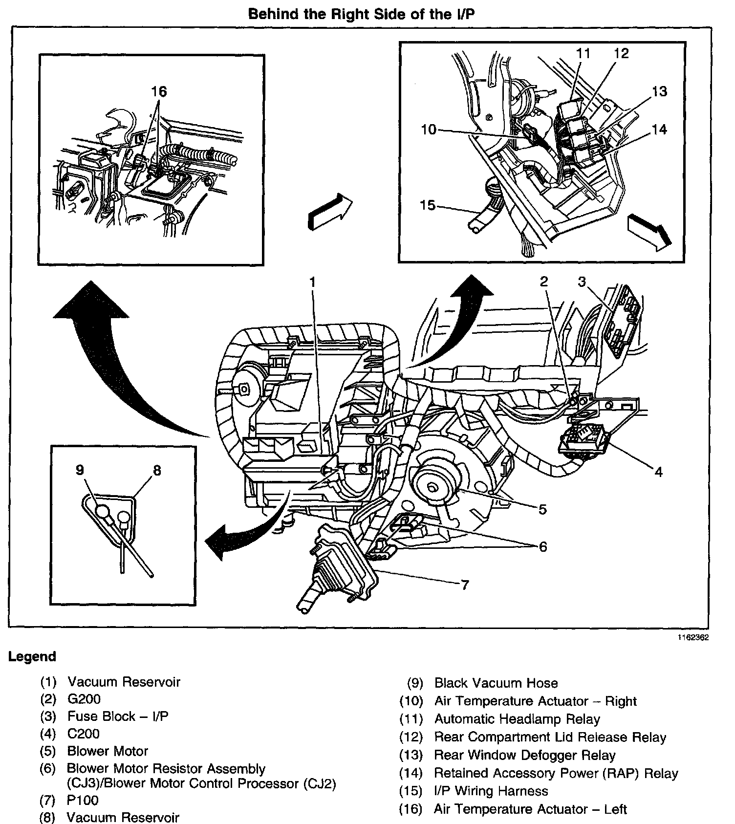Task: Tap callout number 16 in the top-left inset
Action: (x=159, y=91)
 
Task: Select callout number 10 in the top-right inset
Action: (x=429, y=130)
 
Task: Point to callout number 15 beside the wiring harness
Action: (x=428, y=205)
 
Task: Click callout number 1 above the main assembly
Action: (x=312, y=282)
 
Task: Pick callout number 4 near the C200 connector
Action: (x=658, y=472)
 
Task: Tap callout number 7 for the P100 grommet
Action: (x=464, y=585)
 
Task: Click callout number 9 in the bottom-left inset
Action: (x=80, y=470)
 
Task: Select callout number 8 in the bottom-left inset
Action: (x=156, y=470)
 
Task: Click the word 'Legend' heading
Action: (x=32, y=656)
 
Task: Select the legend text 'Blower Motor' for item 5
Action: (x=108, y=751)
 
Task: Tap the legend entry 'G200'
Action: (x=84, y=699)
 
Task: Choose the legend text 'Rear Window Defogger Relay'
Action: (x=524, y=756)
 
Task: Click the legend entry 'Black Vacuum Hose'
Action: (x=496, y=683)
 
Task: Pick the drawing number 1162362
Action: (x=692, y=638)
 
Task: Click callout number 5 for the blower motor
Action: (x=542, y=509)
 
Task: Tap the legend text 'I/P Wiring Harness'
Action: (x=491, y=791)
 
